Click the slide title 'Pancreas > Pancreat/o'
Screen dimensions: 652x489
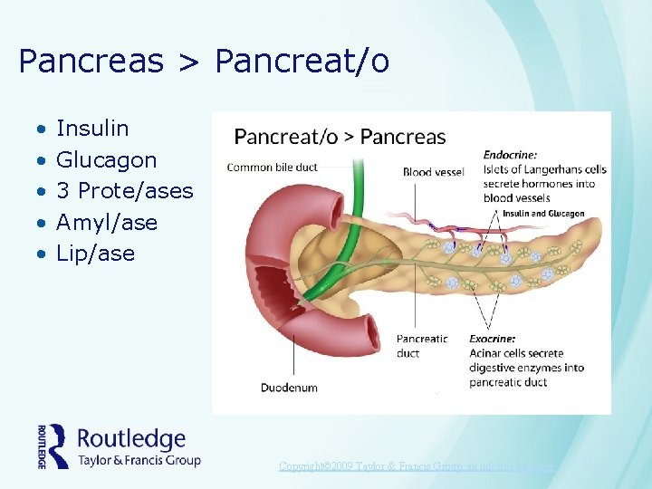[x=204, y=62]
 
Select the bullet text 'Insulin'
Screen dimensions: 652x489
[x=92, y=129]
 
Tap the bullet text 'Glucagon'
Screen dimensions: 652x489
[x=106, y=160]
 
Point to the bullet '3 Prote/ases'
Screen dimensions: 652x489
[x=125, y=191]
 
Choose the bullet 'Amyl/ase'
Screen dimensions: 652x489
[x=106, y=222]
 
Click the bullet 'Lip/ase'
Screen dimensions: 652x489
[x=95, y=254]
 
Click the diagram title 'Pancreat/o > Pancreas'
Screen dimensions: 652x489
[x=340, y=137]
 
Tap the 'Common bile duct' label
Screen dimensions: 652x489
[x=272, y=167]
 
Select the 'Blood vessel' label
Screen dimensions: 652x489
[x=433, y=172]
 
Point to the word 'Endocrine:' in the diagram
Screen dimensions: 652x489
[x=510, y=155]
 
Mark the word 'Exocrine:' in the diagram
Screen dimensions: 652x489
[x=493, y=340]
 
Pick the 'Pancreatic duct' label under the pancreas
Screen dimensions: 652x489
[x=422, y=346]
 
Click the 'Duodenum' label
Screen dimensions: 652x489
[x=289, y=388]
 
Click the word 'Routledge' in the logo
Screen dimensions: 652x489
[x=131, y=439]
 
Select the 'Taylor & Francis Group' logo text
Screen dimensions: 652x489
[x=139, y=460]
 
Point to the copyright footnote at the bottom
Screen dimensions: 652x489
[x=417, y=466]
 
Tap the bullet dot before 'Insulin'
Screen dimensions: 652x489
[x=41, y=129]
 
